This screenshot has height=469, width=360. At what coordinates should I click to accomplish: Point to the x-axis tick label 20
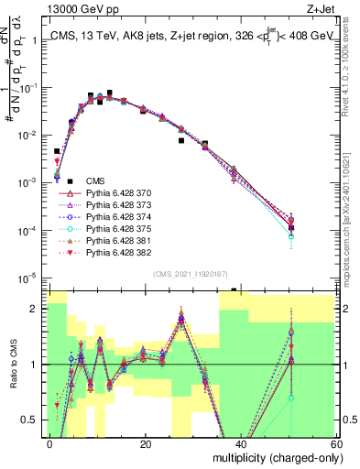click(x=146, y=443)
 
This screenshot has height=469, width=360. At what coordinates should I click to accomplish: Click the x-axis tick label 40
click(x=242, y=443)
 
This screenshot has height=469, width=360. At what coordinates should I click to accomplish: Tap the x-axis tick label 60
click(x=337, y=443)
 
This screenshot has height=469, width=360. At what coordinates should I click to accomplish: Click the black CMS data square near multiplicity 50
click(x=290, y=227)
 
